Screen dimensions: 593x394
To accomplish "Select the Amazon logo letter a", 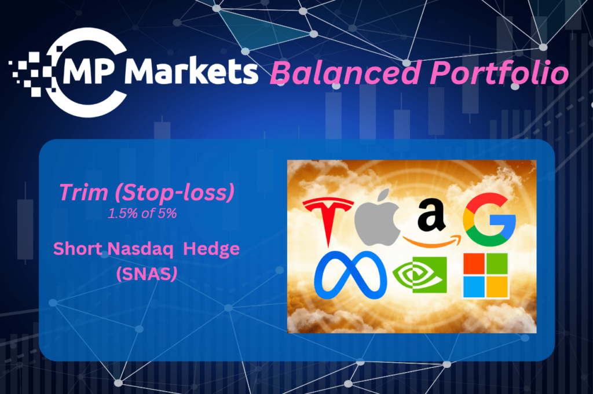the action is point(431,214).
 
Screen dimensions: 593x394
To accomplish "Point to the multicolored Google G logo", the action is point(489,219).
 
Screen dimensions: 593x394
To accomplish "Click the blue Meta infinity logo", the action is point(350,275).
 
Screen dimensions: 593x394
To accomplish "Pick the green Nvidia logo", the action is point(420,275).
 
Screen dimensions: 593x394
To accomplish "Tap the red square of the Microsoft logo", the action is point(474,264).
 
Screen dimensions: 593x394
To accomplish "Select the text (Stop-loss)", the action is point(175,193).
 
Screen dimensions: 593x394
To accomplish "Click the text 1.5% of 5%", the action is point(142,213).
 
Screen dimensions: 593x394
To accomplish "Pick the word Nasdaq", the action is point(140,249).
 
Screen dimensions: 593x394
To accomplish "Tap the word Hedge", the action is point(211,249).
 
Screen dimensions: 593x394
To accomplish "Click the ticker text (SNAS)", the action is point(147,274).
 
